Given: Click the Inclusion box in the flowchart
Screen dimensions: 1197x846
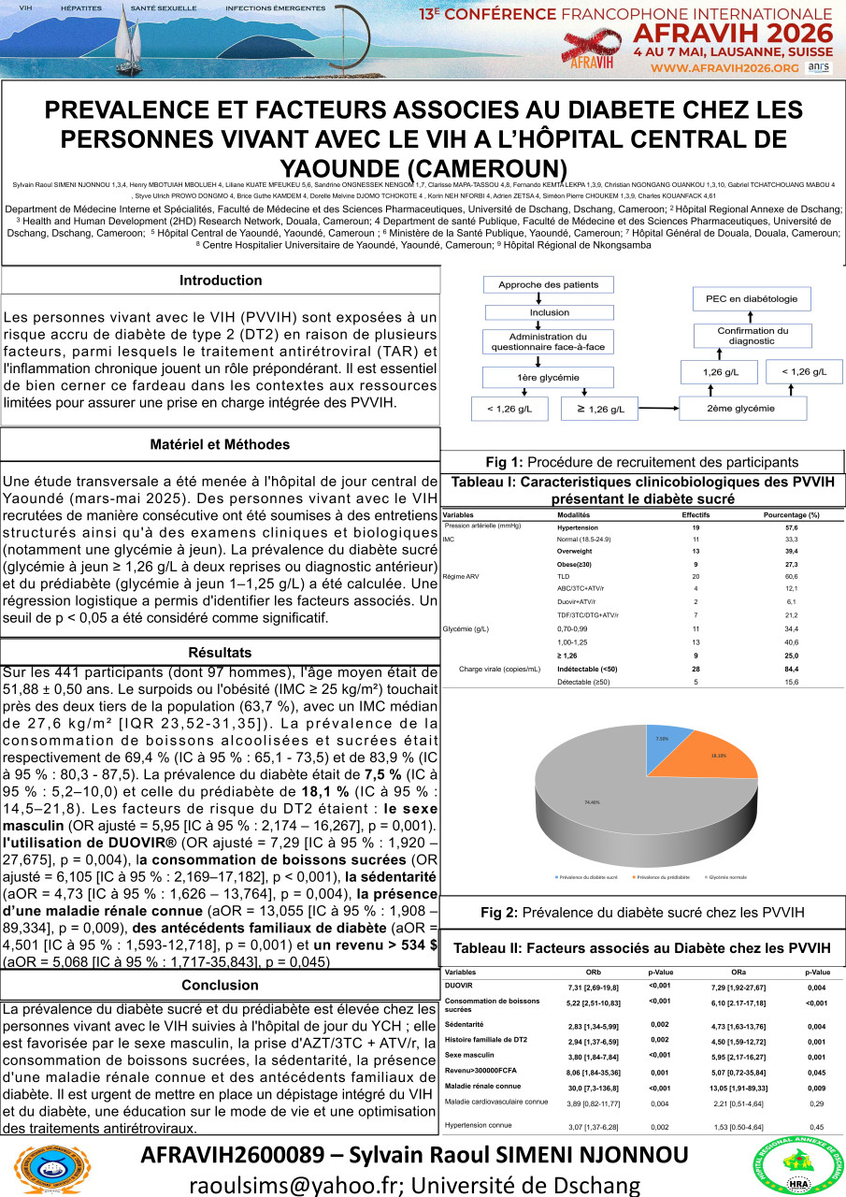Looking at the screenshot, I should tap(549, 312).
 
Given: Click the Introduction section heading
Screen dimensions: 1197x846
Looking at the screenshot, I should tap(221, 281).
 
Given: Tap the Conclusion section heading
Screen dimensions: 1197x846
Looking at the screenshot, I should tap(221, 986).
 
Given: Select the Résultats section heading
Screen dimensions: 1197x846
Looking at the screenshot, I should tap(221, 651).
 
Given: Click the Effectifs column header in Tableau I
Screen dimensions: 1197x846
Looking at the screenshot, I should tap(695, 515).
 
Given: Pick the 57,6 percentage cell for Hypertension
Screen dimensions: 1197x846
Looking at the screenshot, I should tap(791, 527).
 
